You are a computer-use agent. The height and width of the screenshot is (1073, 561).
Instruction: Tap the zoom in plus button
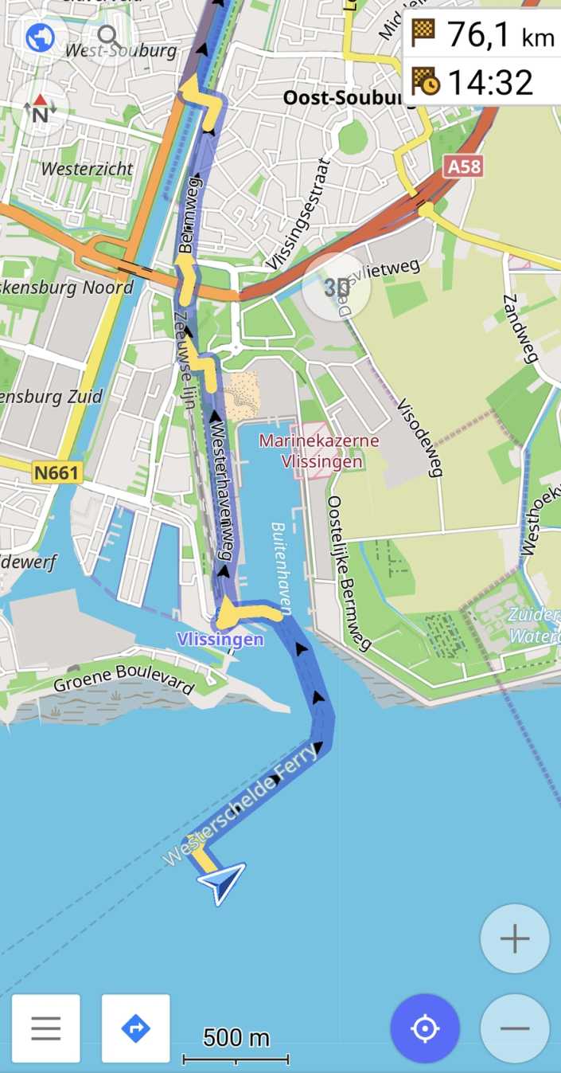(x=514, y=938)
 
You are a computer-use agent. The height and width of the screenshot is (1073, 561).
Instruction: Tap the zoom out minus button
(x=514, y=1028)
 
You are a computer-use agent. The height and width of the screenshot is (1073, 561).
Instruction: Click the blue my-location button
(x=425, y=1028)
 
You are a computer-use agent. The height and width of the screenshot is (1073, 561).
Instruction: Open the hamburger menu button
(x=45, y=1028)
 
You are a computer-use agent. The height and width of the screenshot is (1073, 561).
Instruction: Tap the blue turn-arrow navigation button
(x=135, y=1028)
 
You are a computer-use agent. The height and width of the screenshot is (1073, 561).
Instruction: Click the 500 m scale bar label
(x=236, y=1038)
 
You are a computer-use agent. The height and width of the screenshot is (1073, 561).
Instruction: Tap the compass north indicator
(x=40, y=109)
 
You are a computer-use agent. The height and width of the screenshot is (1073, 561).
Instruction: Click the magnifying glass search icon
(x=108, y=37)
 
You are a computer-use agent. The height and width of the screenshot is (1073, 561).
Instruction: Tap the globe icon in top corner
(x=40, y=37)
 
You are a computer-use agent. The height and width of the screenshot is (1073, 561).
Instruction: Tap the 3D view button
(x=337, y=288)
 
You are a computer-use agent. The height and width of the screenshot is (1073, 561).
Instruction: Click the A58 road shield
(x=463, y=166)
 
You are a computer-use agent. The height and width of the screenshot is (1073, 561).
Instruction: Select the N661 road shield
(x=56, y=473)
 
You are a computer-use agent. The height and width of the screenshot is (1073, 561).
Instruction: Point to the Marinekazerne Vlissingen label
(x=319, y=451)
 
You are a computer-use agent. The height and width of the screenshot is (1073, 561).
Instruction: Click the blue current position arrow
(x=222, y=883)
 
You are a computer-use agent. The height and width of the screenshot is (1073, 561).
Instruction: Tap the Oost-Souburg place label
(x=341, y=97)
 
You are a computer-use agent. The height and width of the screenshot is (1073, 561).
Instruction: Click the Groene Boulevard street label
(x=123, y=678)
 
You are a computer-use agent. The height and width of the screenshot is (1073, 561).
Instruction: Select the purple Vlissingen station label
(x=220, y=639)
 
